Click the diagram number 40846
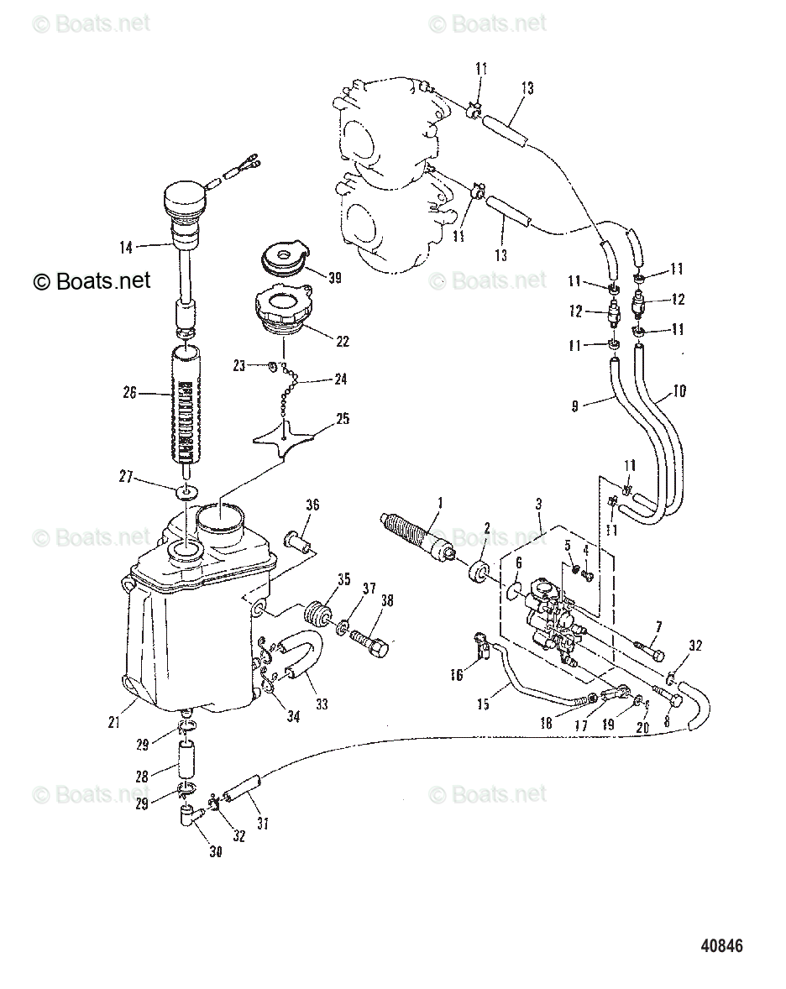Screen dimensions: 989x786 click(x=721, y=946)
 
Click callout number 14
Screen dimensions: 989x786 click(x=127, y=247)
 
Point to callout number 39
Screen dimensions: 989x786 click(x=334, y=278)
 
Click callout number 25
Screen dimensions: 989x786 click(x=343, y=419)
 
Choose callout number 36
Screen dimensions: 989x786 click(x=312, y=505)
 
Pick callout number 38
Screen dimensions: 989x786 click(x=386, y=600)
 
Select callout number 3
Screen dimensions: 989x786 click(x=538, y=504)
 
